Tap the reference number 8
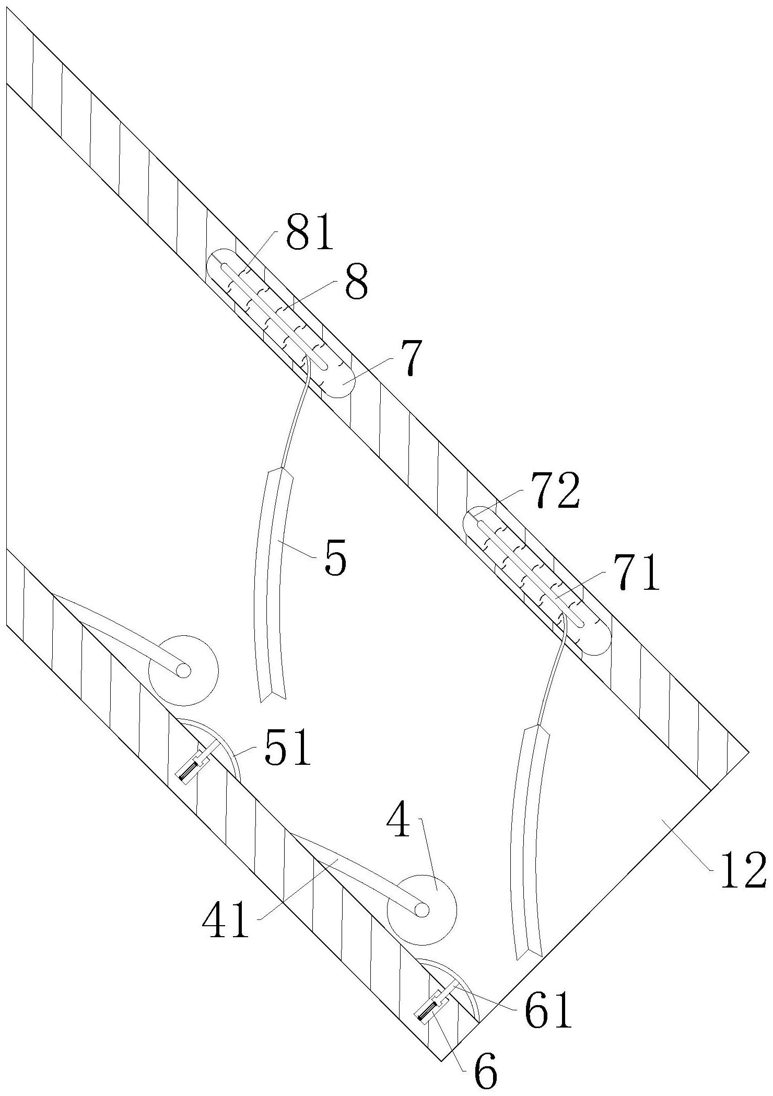coord(355,282)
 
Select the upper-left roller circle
coord(183,670)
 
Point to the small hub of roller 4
coord(421,910)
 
